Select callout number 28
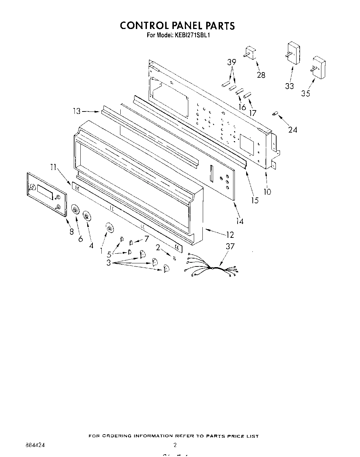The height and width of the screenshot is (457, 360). (261, 75)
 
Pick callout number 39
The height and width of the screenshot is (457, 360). (232, 62)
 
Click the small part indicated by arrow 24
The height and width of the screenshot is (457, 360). (275, 114)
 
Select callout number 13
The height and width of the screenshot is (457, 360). (77, 111)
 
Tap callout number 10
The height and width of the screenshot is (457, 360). (267, 191)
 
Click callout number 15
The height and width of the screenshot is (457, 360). (255, 200)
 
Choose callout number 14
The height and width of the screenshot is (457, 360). (239, 221)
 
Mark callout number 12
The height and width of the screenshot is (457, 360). (230, 235)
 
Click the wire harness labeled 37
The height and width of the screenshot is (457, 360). (211, 267)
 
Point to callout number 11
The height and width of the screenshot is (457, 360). (53, 168)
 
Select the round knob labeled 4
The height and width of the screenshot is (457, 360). (87, 216)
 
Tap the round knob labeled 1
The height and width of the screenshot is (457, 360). (109, 228)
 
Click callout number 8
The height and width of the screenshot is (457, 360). (71, 232)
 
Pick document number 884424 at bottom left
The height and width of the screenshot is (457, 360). (35, 445)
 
